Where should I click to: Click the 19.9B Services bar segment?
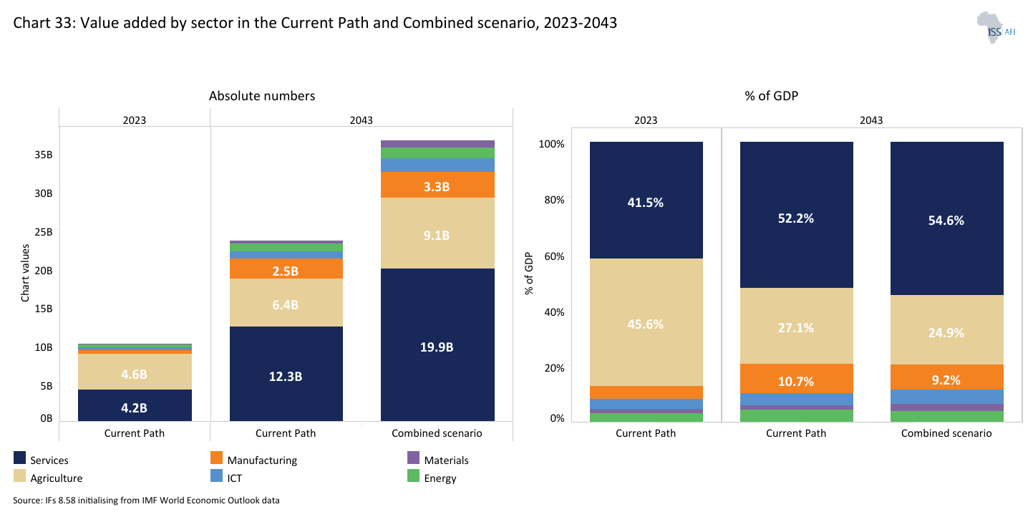point(437,347)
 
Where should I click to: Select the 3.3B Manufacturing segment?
point(437,185)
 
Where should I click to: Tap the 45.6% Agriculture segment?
point(646,324)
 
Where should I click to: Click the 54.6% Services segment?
point(946,220)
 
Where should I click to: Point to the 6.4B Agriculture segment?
point(286,304)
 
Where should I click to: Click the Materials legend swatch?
point(413,458)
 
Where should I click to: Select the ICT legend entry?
point(234,478)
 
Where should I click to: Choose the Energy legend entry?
point(440,478)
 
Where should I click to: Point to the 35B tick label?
point(44,155)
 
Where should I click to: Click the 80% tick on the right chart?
point(552,200)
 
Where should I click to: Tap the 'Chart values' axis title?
point(26,273)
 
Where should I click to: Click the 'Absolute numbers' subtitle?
point(262,96)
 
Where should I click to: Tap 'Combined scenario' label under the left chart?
point(437,433)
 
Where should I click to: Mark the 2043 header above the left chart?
point(361,120)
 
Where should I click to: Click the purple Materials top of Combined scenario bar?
point(437,144)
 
